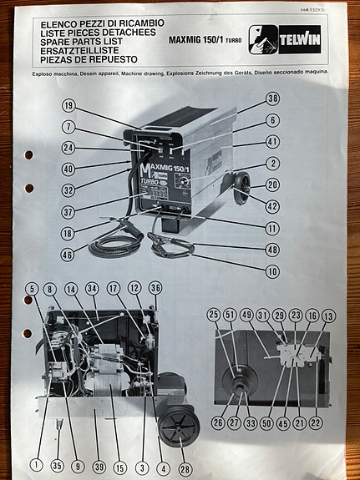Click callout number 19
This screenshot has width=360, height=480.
[68, 106]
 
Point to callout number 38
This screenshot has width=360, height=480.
[272, 98]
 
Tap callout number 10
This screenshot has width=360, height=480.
[272, 272]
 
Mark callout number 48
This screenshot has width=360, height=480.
[272, 250]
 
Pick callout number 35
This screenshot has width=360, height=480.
[57, 466]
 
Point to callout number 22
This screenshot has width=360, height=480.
[315, 424]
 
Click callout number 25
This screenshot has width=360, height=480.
[215, 315]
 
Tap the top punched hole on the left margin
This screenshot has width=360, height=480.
[28, 155]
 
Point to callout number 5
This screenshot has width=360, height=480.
[32, 289]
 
